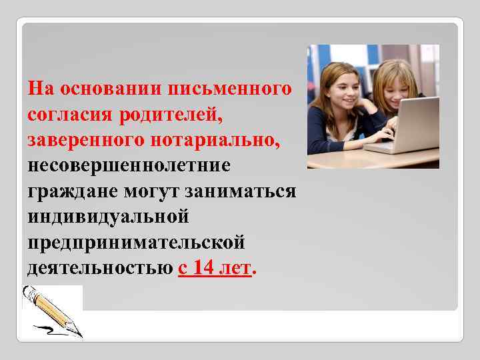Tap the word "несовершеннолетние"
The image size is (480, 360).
(129, 165)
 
